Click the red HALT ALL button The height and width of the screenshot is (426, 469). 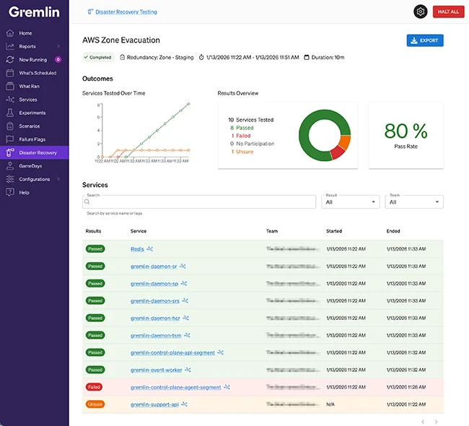pyautogui.click(x=448, y=12)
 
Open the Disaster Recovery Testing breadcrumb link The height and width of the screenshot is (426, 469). pyautogui.click(x=126, y=12)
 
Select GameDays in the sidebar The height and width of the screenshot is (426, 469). pyautogui.click(x=31, y=165)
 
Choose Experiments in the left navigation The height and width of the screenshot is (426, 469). pyautogui.click(x=32, y=113)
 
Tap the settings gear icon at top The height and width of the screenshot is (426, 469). pyautogui.click(x=420, y=12)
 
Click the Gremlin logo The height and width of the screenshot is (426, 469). pyautogui.click(x=33, y=12)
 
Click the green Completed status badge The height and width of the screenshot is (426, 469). pyautogui.click(x=97, y=57)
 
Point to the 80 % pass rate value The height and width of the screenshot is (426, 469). pyautogui.click(x=406, y=131)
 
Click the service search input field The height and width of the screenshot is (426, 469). pyautogui.click(x=199, y=203)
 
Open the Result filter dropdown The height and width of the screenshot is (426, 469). pyautogui.click(x=350, y=202)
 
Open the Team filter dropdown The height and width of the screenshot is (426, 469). pyautogui.click(x=413, y=202)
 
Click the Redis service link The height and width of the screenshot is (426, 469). pyautogui.click(x=137, y=248)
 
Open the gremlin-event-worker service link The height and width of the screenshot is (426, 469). pyautogui.click(x=156, y=370)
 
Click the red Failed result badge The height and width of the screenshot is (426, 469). pyautogui.click(x=95, y=387)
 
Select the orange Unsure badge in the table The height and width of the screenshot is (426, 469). pyautogui.click(x=95, y=404)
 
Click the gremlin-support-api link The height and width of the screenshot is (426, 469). pyautogui.click(x=154, y=404)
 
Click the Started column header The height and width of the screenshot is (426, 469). pyautogui.click(x=334, y=231)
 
